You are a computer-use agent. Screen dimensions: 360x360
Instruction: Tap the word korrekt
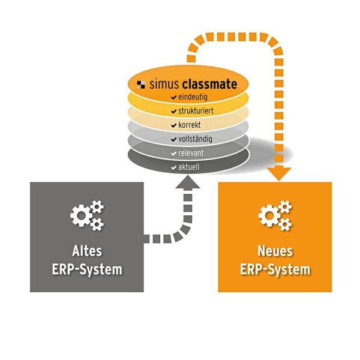click(x=189, y=125)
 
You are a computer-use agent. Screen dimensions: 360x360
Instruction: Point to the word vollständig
click(x=194, y=139)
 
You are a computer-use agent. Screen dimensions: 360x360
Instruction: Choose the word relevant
click(x=191, y=152)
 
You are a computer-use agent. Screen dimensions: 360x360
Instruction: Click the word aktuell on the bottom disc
click(x=189, y=166)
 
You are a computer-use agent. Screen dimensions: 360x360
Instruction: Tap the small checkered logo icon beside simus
click(x=142, y=84)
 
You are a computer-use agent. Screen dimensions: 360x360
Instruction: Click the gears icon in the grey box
click(x=87, y=216)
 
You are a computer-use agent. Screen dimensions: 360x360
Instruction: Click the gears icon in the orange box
click(x=275, y=216)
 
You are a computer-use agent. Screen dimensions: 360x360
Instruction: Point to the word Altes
click(x=87, y=251)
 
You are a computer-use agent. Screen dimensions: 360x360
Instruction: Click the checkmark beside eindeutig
click(x=173, y=97)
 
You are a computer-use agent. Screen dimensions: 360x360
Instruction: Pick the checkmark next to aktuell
click(x=173, y=166)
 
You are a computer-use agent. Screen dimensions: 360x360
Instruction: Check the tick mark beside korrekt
click(x=173, y=125)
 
